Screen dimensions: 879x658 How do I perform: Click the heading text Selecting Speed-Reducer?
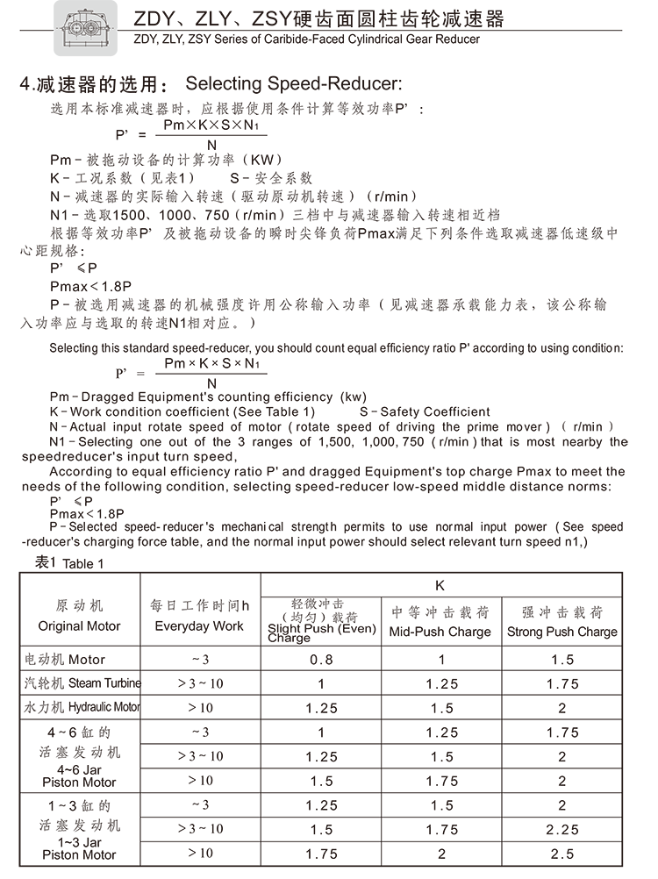coord(293,85)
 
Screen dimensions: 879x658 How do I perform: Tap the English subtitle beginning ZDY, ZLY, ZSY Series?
coord(307,39)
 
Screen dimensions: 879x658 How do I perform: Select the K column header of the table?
coord(441,584)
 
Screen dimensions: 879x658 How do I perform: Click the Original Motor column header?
coord(79,618)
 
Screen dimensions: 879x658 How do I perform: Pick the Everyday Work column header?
coord(199,618)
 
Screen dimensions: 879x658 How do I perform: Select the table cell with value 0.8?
coord(321,660)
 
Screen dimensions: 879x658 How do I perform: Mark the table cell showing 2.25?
coord(562,829)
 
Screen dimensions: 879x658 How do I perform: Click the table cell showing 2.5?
coord(562,854)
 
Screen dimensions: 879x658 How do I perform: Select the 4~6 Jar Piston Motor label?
coord(79,755)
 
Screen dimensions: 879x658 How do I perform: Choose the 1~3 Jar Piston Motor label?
coord(79,829)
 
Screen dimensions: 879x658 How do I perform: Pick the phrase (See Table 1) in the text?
coord(270,411)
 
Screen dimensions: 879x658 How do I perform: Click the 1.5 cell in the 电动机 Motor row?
coord(562,660)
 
